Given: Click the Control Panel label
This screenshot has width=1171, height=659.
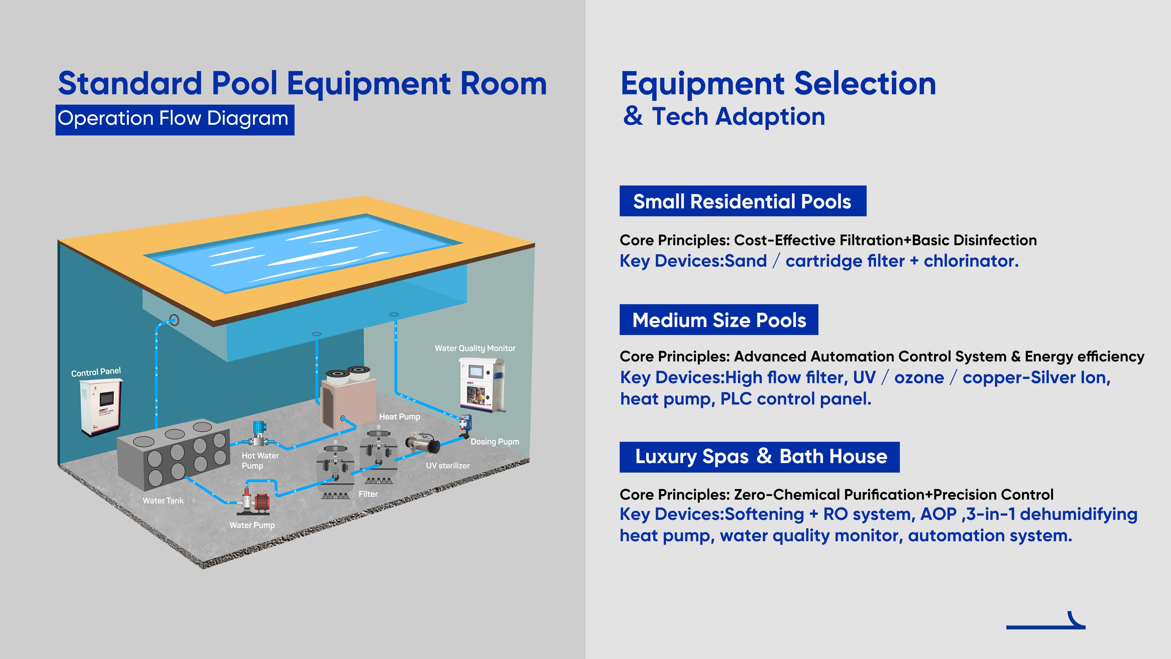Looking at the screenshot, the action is coord(96,372).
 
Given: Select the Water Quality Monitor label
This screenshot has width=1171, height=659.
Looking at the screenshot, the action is coord(475,348).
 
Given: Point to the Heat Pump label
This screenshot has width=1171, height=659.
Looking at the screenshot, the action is coord(399,416).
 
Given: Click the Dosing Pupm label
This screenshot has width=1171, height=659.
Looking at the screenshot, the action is coord(495,441).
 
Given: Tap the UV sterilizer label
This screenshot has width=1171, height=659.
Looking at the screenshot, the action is coord(448,466).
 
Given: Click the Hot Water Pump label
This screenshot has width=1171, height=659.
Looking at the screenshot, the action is coord(260,461).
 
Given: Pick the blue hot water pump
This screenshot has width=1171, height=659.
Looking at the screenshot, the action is coord(258,434).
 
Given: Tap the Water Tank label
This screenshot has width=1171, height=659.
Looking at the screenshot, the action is coord(163,501).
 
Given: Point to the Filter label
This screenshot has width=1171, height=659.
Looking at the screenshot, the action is coord(368,494).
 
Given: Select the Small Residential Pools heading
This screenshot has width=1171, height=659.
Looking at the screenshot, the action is coord(743,201).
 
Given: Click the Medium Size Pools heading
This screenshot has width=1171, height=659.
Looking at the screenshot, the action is coord(719,320).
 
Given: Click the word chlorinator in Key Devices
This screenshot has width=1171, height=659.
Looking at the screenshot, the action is coord(971,261).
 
